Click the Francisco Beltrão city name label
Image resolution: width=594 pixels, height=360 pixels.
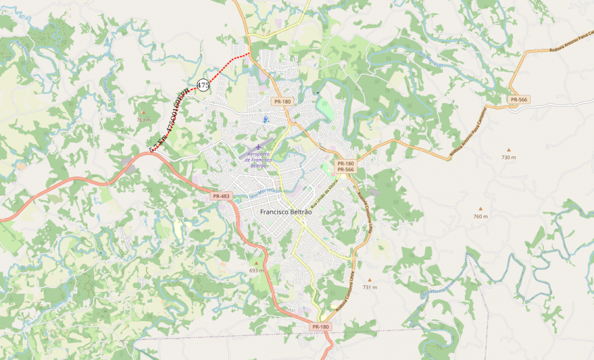pyautogui.click(x=286, y=212)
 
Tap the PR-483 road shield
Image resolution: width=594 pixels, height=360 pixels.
pyautogui.click(x=221, y=196)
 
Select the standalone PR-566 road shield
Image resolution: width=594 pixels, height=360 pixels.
pyautogui.click(x=519, y=99)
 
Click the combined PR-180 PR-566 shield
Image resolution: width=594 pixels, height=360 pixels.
pyautogui.click(x=345, y=167)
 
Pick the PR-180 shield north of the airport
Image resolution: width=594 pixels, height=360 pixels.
pyautogui.click(x=282, y=102)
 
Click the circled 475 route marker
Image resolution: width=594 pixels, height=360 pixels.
pyautogui.click(x=203, y=85)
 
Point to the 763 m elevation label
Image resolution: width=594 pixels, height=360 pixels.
pyautogui.click(x=143, y=120)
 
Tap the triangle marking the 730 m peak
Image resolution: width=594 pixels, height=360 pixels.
pyautogui.click(x=508, y=150)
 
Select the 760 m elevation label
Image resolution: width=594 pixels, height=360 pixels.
pyautogui.click(x=480, y=217)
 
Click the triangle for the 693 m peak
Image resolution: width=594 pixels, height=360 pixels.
pyautogui.click(x=256, y=263)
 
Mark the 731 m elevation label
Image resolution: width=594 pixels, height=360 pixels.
pyautogui.click(x=369, y=287)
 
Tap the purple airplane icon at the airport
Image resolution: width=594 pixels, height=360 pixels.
pyautogui.click(x=258, y=147)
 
